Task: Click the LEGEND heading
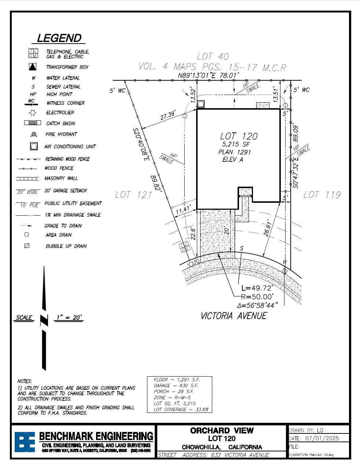coord(59,39)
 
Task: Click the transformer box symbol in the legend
coord(33,67)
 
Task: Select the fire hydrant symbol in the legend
coord(33,135)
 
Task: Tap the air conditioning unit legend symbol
coord(34,146)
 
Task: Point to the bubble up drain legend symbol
coord(27,246)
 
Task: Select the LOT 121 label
coord(133,195)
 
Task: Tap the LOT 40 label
coord(213,56)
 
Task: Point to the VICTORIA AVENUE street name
coord(234,316)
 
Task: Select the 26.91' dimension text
coord(268,228)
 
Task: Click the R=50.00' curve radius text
coord(257,297)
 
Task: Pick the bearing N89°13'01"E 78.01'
coord(208,76)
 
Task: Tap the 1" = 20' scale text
coord(69,318)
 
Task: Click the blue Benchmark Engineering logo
coord(25,442)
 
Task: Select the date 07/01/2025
coord(322,438)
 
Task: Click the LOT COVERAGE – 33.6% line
coord(181,409)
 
